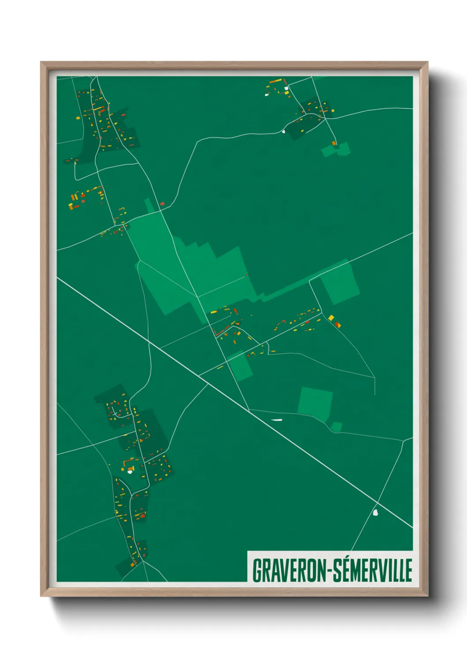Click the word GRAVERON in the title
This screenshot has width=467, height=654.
289,570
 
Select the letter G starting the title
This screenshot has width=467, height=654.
256,570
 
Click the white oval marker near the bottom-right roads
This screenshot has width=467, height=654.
376,513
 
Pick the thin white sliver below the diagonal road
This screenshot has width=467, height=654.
276,419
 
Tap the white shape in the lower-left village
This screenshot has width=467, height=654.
130,471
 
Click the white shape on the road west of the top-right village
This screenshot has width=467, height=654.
284,130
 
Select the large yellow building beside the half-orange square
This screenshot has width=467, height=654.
331,318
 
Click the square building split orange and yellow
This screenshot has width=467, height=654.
338,325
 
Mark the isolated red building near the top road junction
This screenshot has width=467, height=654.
162,204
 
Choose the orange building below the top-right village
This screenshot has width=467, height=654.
334,143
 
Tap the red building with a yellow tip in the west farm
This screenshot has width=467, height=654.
75,206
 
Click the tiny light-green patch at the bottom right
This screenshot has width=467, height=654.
337,427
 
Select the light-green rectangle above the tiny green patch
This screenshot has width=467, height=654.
315,403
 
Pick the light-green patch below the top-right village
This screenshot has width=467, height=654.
336,150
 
